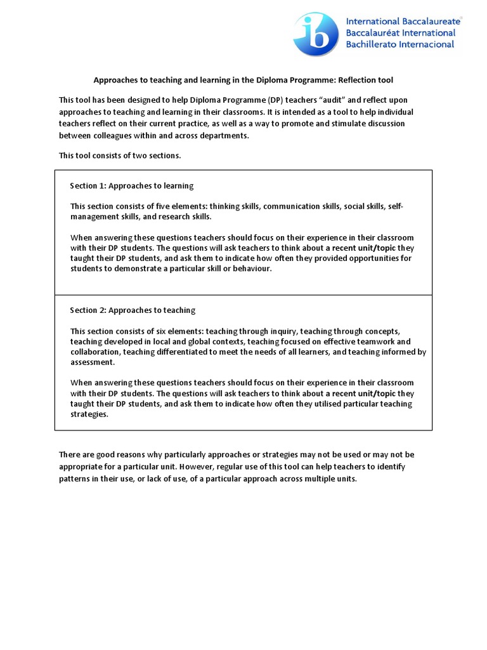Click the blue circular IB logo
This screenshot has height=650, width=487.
[316, 34]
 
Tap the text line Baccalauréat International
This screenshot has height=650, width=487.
[400, 32]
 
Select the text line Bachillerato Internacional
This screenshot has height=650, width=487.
[399, 44]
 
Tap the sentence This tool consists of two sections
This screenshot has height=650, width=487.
[120, 155]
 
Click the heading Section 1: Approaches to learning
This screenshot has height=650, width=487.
[131, 186]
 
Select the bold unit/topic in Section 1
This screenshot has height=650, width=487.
[374, 248]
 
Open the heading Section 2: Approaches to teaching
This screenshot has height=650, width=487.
[132, 310]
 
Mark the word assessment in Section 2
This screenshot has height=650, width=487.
[92, 362]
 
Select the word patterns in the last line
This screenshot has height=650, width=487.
[75, 479]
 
